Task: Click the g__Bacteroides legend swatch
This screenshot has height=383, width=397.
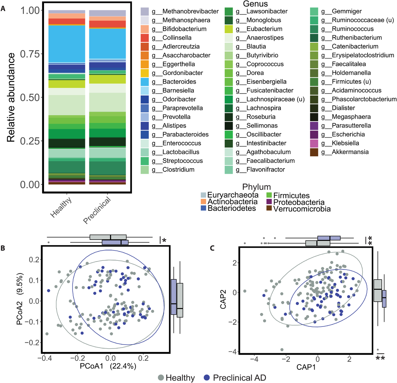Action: (145, 82)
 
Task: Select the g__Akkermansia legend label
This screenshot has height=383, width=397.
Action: (350, 152)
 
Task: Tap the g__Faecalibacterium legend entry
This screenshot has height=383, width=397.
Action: (270, 161)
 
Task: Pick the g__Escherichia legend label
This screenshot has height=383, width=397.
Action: (348, 134)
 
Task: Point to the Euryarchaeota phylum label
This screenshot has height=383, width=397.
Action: (233, 195)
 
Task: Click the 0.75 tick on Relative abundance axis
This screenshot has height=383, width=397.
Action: (30, 54)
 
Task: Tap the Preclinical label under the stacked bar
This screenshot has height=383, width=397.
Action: (97, 210)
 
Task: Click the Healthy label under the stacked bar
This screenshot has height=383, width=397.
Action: (61, 207)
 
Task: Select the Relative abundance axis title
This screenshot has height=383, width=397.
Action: (11, 97)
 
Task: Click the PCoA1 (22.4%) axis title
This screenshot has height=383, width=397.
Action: (108, 366)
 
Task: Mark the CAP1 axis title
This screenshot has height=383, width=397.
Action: (306, 367)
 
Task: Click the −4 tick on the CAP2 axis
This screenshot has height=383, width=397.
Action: (232, 352)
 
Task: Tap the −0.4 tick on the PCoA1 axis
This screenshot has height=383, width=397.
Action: (44, 358)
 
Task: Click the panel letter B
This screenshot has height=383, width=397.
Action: (3, 248)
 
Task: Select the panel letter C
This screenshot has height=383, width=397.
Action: (212, 248)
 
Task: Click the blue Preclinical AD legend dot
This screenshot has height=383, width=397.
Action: (207, 378)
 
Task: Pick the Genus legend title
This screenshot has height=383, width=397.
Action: (255, 4)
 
